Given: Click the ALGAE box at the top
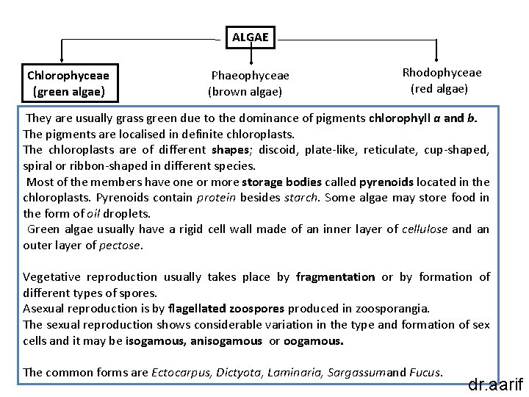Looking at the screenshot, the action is click(x=251, y=36).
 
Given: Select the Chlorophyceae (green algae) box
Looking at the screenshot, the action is click(x=68, y=83).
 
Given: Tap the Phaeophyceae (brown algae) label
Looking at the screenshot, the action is click(x=250, y=84).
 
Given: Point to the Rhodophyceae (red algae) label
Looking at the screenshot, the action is click(x=442, y=81).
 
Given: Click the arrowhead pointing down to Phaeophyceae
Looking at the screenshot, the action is click(x=252, y=61).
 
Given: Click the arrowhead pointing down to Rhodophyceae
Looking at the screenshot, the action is click(x=437, y=58).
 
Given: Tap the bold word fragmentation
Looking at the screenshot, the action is click(x=335, y=276).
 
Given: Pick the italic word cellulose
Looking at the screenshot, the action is click(x=424, y=229).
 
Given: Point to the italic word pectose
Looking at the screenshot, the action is click(x=119, y=245).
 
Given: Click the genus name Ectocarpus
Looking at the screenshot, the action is click(x=180, y=372).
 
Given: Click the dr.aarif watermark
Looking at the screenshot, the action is click(x=497, y=384).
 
